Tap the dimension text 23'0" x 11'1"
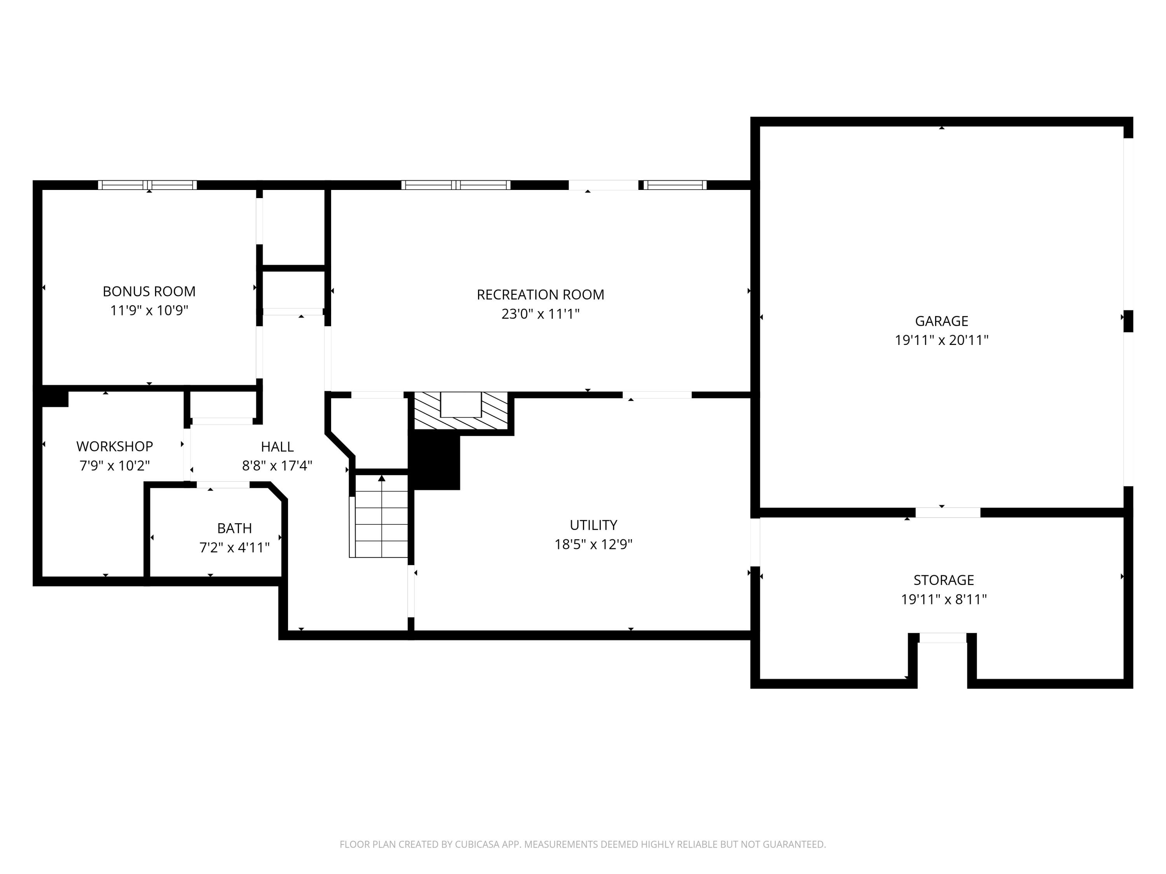pos(540,314)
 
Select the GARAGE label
pos(941,321)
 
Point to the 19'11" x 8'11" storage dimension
pos(944,599)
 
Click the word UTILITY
pos(593,525)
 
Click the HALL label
pos(277,447)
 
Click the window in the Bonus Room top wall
pos(148,185)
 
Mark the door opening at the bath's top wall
pos(223,485)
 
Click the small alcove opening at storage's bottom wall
pos(943,638)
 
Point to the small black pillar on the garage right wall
pos(1128,321)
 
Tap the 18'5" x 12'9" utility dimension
pos(593,544)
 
